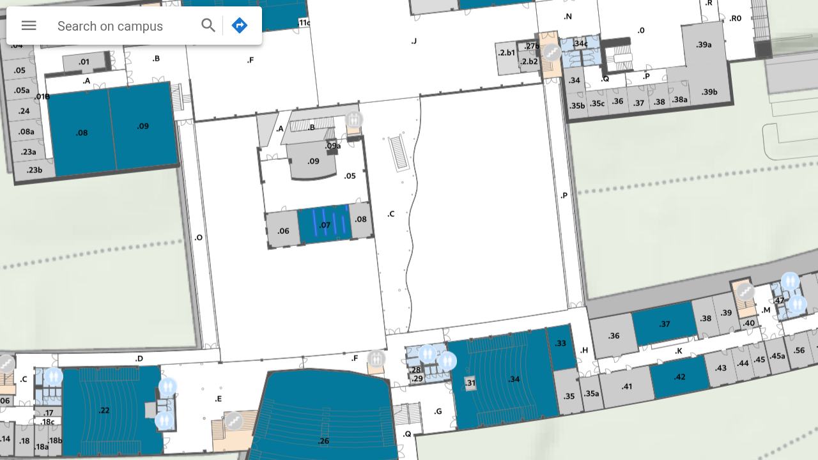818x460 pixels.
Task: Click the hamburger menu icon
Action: point(29,26)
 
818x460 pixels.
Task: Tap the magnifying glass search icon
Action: point(208,26)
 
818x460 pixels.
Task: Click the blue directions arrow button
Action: point(240,26)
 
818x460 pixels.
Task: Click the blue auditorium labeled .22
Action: point(105,410)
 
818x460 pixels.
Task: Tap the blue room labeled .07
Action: point(325,225)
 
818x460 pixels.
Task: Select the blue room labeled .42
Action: point(679,377)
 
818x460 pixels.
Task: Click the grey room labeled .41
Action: point(626,387)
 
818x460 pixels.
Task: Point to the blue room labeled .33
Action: point(561,344)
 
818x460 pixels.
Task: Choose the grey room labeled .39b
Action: point(709,92)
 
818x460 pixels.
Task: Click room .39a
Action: point(704,45)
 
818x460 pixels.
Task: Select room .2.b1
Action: point(507,53)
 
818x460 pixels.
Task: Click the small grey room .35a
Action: point(591,394)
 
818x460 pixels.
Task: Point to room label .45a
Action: point(777,356)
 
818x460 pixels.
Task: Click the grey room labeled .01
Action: point(84,62)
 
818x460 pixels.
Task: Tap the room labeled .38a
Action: point(679,100)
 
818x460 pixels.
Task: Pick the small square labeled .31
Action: point(471,383)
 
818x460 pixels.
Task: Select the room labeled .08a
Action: point(26,132)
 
